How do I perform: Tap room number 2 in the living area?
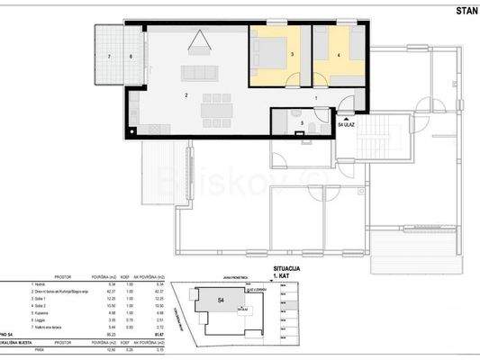[186, 94]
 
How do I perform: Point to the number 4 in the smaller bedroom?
[338, 56]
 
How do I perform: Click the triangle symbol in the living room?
[199, 39]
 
